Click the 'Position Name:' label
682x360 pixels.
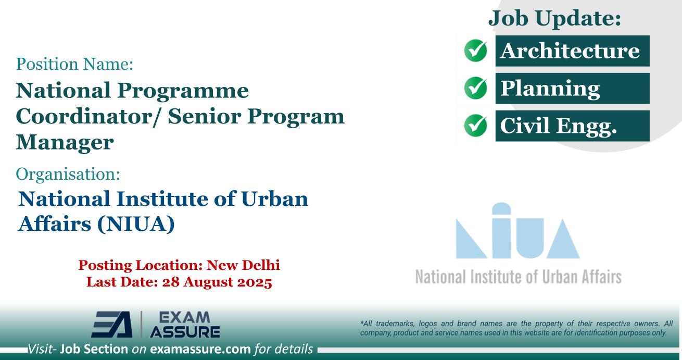75,65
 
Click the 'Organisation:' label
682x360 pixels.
69,174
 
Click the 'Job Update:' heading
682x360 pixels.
554,19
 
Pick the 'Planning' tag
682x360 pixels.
550,89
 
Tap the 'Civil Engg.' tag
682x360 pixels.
558,126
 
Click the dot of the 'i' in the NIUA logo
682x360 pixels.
498,209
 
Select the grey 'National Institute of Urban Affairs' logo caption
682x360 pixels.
517,276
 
